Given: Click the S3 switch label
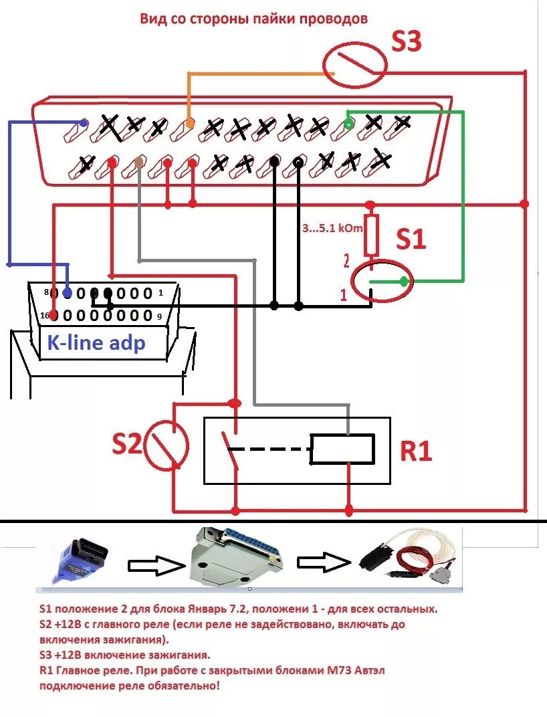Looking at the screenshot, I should [x=406, y=41].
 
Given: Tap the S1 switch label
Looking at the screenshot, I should [x=411, y=238].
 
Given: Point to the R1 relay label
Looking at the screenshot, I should [x=416, y=451].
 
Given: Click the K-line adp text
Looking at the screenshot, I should [x=96, y=343].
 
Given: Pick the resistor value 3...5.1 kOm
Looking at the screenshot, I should [x=332, y=228].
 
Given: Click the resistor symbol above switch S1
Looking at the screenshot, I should [x=371, y=234].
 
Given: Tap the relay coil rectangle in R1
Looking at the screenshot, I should [x=342, y=449].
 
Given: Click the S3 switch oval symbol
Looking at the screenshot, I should [x=355, y=66].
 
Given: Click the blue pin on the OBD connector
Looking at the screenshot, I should [x=67, y=293].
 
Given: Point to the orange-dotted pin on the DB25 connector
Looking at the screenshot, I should [x=190, y=124].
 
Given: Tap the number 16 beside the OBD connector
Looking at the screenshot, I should [x=43, y=315].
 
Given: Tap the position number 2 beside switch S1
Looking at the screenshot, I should [x=346, y=261].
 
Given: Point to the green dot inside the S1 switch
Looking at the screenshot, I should [x=403, y=282].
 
